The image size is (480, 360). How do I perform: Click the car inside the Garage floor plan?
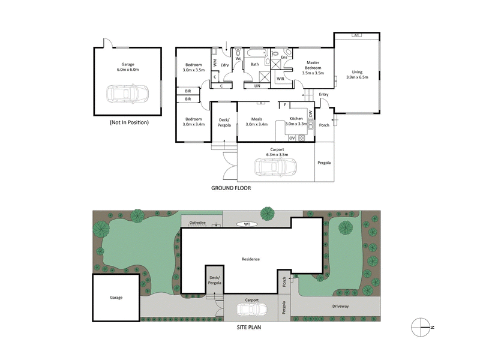click(x=127, y=95)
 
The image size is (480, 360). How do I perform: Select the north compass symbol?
click(x=422, y=326)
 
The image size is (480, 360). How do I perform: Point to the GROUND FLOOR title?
click(x=230, y=188)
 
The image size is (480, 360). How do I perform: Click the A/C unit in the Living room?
click(x=356, y=35)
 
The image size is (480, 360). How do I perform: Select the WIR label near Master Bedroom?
click(x=280, y=79)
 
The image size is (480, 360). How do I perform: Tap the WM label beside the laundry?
click(x=214, y=61)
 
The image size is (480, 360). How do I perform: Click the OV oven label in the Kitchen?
click(x=292, y=138)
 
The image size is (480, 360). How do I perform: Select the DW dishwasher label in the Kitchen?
click(x=311, y=114)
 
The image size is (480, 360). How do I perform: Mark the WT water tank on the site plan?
click(x=247, y=224)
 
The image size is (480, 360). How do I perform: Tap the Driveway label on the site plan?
click(x=344, y=306)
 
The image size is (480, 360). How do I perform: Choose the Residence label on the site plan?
click(x=251, y=259)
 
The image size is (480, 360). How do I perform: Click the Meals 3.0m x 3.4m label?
click(x=257, y=121)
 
